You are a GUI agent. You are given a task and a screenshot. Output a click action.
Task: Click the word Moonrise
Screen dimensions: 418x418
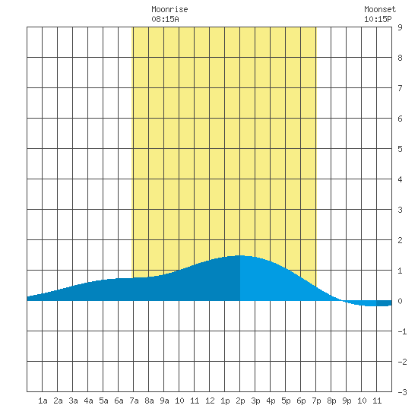169,9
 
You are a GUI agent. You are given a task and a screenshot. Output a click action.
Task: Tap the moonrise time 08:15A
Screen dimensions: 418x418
165,19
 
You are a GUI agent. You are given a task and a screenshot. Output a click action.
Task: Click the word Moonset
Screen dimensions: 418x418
380,9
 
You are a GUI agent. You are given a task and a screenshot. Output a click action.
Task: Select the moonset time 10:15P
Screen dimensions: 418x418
378,19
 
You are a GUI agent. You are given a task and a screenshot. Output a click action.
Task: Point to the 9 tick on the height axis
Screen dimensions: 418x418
400,27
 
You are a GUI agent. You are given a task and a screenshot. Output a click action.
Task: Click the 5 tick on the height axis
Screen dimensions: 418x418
400,149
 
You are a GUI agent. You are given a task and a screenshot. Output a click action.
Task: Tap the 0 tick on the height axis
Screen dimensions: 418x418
400,301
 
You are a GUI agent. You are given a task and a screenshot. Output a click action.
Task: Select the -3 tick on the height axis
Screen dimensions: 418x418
402,392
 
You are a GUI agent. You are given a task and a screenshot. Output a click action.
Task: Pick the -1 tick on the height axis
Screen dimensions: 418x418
402,331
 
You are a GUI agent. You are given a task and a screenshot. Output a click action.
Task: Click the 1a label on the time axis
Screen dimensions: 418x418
43,401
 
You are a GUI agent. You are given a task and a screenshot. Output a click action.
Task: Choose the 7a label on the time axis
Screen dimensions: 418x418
134,401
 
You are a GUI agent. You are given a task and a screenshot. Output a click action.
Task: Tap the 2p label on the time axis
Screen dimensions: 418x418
240,401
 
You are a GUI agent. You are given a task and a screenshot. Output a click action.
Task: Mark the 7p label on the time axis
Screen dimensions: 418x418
316,401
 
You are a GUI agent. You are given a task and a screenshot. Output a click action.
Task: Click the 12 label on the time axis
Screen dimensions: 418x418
210,401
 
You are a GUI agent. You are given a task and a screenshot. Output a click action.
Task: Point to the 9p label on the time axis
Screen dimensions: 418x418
347,401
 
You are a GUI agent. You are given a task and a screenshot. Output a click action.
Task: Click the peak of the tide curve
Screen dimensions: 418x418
240,255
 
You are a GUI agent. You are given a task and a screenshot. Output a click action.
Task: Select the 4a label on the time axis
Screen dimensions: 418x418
88,401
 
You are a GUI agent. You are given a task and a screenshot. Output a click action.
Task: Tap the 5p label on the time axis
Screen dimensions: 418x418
286,401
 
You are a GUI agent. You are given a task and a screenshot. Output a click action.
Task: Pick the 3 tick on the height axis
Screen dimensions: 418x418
400,210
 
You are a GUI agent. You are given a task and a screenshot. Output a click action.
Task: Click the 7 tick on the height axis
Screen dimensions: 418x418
400,88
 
